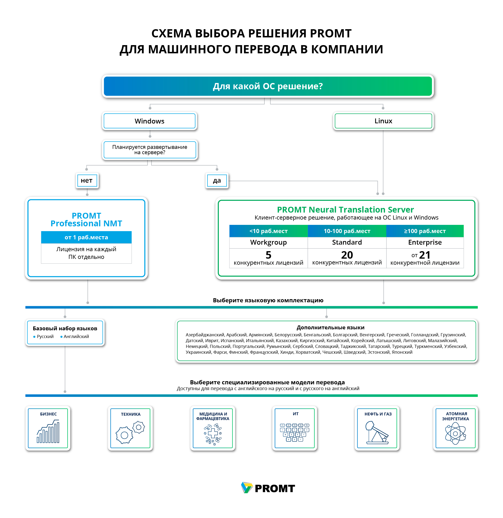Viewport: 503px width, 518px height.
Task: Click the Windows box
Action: pos(149,121)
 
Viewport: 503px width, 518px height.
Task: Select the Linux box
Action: pos(383,121)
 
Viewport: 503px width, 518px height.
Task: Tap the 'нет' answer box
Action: pos(87,180)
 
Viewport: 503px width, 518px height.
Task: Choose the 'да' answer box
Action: pos(217,180)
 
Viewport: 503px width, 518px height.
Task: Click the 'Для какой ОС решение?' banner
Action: pos(268,86)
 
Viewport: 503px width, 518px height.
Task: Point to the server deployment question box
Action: pos(150,150)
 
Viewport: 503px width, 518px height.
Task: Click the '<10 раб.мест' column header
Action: pos(268,231)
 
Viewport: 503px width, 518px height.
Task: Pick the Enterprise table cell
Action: pos(425,242)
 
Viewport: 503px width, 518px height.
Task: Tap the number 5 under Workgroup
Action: pos(268,255)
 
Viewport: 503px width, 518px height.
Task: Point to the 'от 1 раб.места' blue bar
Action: pos(86,237)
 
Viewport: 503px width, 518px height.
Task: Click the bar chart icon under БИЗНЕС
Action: pos(48,431)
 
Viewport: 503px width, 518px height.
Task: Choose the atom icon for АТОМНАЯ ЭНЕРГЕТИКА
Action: pos(455,433)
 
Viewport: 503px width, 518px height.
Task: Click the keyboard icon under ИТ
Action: pos(295,432)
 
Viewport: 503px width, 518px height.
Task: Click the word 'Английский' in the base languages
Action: pos(76,336)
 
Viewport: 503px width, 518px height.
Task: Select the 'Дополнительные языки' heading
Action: pos(331,327)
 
